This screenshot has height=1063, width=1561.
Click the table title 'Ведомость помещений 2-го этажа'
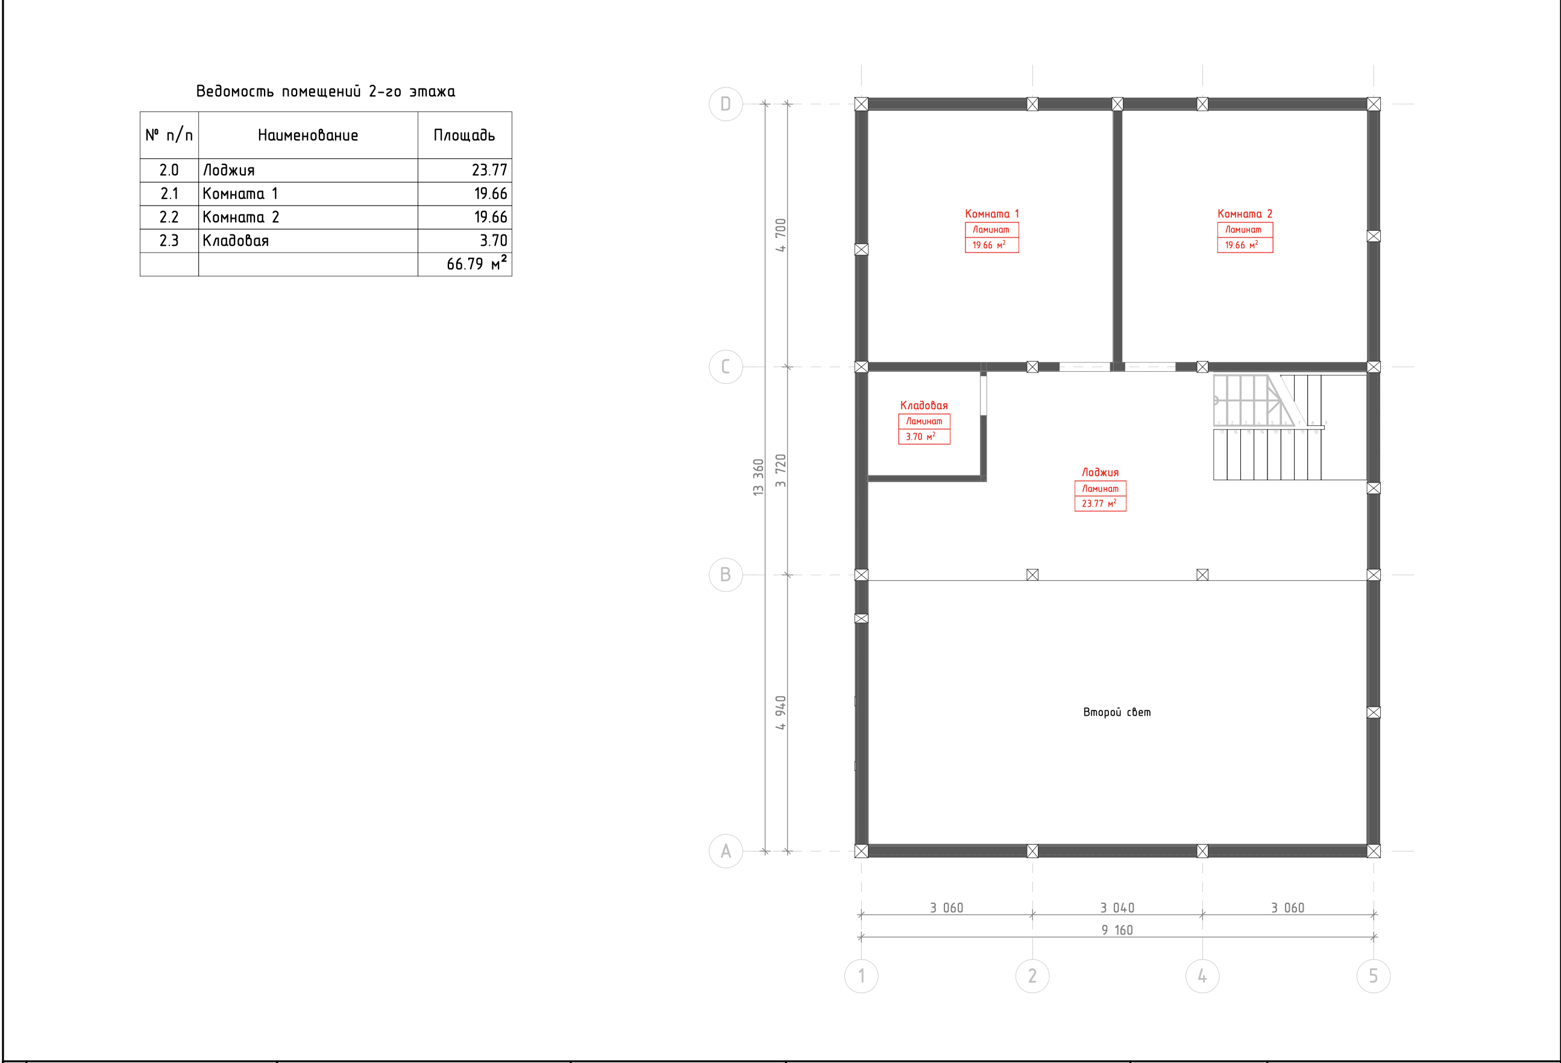point(325,92)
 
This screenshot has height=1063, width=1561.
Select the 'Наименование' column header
point(307,135)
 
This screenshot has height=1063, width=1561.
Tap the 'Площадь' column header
point(464,135)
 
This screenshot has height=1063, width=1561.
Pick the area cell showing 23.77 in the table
point(489,170)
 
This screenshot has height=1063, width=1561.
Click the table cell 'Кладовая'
point(236,240)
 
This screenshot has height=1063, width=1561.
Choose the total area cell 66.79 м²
point(477,263)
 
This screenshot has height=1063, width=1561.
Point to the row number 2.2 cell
point(169,217)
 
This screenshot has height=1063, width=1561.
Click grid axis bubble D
point(726,104)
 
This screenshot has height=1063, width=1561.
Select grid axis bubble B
point(726,575)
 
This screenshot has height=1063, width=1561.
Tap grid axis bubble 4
point(1202,976)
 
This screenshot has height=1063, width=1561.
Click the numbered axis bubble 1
point(861,976)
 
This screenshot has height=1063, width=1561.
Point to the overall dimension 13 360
point(758,477)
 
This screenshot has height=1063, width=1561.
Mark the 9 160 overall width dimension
point(1117,930)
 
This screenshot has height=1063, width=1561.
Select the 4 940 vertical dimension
point(780,713)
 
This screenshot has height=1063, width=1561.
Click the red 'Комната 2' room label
point(1245,213)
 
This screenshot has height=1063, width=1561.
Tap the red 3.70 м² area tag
point(920,436)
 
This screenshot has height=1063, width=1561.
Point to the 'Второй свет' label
point(1116,712)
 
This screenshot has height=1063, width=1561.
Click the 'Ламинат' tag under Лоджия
point(1100,489)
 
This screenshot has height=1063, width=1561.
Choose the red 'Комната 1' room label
point(991,213)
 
